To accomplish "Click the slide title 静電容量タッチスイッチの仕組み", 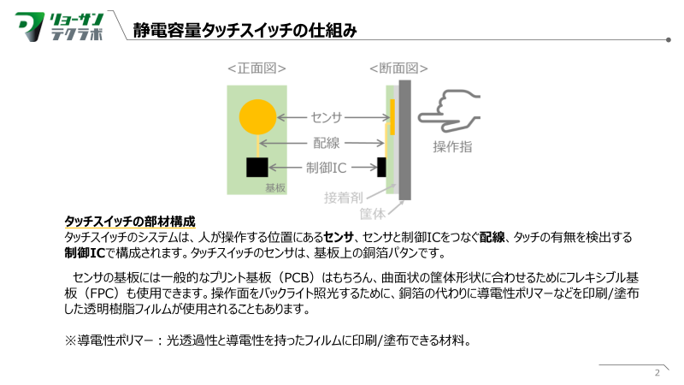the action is pyautogui.click(x=245, y=31).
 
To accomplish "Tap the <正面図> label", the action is pyautogui.click(x=256, y=68).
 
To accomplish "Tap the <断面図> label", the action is pyautogui.click(x=398, y=68).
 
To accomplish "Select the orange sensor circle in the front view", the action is pyautogui.click(x=256, y=117).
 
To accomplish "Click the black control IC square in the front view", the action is pyautogui.click(x=257, y=167).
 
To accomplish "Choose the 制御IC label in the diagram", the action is pyautogui.click(x=326, y=167).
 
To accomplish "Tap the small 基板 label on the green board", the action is pyautogui.click(x=275, y=187).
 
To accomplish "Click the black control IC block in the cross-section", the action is pyautogui.click(x=382, y=167).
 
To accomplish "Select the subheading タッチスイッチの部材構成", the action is pyautogui.click(x=130, y=221).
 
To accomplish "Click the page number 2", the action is pyautogui.click(x=657, y=373).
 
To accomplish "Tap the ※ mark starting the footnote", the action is pyautogui.click(x=71, y=341).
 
